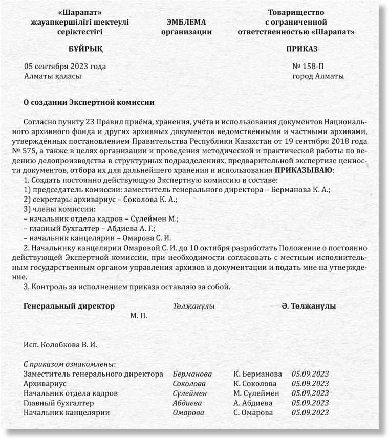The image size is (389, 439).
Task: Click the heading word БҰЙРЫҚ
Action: point(85,49)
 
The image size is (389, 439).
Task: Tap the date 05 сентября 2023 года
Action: point(65,67)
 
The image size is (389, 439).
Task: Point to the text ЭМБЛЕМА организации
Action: point(186,27)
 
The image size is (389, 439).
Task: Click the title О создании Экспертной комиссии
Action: point(89,102)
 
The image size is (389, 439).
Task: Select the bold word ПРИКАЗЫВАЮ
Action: point(304,170)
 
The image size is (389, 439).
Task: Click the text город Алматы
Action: point(318,76)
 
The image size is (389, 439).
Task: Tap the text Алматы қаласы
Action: point(52,76)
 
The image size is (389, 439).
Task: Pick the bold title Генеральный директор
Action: point(69,306)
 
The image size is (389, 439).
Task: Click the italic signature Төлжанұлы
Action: point(193,306)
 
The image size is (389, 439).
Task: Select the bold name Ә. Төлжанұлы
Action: point(308,306)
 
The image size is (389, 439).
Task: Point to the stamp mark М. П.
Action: point(138,316)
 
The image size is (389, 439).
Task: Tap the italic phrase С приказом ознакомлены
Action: point(70,364)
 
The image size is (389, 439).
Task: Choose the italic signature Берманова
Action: point(192,374)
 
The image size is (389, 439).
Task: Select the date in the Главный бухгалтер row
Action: point(310,403)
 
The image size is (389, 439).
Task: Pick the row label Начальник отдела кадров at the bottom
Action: point(70,393)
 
